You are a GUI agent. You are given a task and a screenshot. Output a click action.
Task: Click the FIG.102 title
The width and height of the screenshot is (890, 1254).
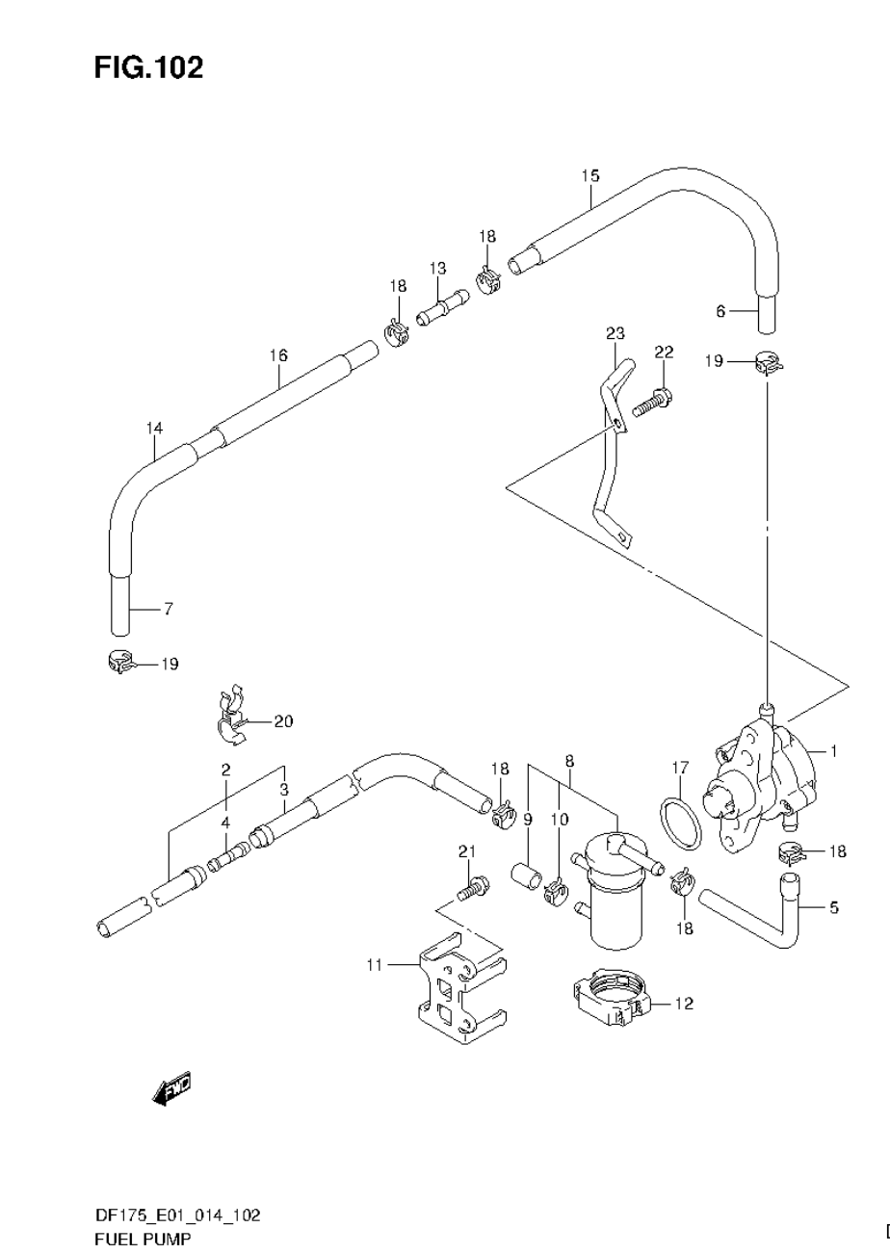point(148,67)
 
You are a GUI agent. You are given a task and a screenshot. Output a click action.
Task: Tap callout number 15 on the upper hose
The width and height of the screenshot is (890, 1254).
point(589,175)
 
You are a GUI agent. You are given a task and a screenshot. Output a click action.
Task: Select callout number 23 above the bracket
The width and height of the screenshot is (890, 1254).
point(615,333)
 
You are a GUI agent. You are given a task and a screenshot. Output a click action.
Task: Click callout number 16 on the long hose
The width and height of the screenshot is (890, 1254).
point(278,355)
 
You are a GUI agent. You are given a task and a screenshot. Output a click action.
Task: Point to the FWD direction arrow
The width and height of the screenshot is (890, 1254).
point(172,1088)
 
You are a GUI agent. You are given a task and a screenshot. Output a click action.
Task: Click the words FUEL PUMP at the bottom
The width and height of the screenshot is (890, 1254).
point(143,1239)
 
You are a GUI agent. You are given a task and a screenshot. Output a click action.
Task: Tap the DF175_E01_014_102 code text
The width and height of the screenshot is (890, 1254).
point(177,1215)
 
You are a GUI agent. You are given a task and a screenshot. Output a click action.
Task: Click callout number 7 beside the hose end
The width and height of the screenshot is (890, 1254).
point(168,609)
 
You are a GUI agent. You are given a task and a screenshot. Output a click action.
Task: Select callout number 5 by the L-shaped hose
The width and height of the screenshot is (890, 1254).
point(833,906)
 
